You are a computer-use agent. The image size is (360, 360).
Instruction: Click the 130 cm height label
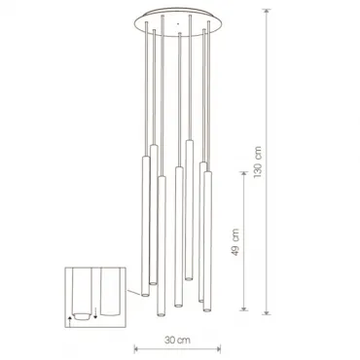[x=257, y=162]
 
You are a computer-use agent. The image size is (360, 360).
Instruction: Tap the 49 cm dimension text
[x=235, y=242]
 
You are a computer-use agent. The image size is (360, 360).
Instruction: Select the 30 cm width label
[x=177, y=341]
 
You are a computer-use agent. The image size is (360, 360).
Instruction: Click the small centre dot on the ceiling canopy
[x=177, y=23]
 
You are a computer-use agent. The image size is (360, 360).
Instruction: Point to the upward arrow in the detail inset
[x=70, y=321]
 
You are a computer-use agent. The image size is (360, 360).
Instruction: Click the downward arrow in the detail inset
[x=95, y=313]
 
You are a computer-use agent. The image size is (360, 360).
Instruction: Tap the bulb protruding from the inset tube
[x=82, y=316]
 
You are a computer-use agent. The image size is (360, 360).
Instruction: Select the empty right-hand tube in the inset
[x=111, y=291]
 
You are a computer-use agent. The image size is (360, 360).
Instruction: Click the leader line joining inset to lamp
[x=133, y=293]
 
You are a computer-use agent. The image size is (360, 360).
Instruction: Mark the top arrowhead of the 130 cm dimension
[x=267, y=12]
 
